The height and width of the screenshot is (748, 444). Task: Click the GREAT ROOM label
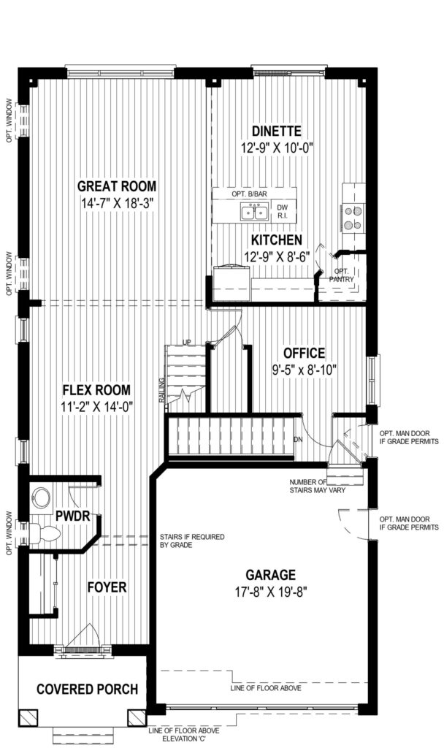117,186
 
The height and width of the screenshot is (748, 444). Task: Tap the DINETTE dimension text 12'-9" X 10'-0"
277,148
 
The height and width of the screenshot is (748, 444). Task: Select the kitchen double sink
253,211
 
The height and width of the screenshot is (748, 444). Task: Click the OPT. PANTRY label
342,275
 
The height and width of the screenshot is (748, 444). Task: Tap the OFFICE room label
305,353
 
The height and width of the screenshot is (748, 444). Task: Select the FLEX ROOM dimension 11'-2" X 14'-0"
97,406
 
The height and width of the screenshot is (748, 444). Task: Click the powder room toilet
45,533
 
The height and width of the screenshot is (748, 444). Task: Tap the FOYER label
107,587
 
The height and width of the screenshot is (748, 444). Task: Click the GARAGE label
270,574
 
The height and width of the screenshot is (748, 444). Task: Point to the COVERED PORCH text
88,689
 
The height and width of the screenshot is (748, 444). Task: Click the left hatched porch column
27,718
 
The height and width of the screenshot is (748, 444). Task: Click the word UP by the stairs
186,342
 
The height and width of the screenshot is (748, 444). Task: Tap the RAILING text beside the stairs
162,391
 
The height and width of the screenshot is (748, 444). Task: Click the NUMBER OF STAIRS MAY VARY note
317,486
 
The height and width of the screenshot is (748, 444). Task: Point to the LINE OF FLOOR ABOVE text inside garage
266,688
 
